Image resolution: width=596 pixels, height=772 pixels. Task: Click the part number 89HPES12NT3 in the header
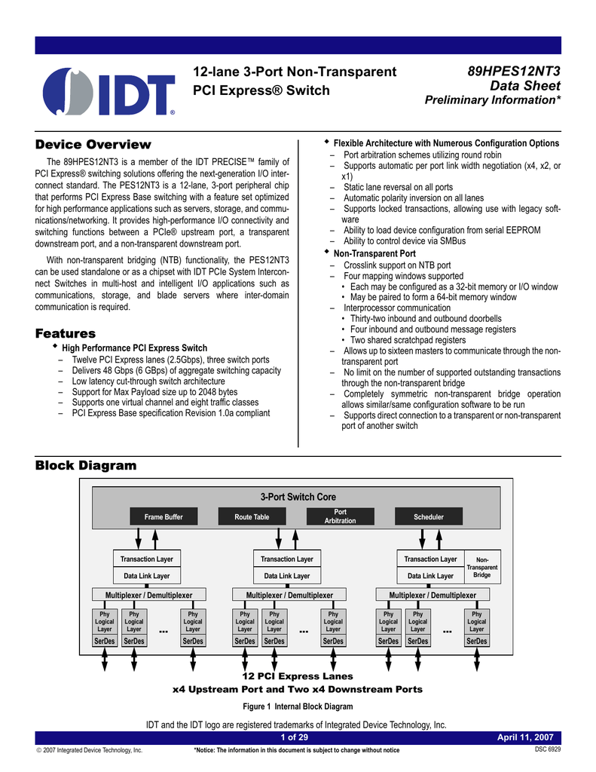(x=514, y=72)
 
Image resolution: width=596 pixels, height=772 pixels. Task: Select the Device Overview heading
(x=93, y=144)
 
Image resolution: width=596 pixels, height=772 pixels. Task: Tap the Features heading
(x=66, y=333)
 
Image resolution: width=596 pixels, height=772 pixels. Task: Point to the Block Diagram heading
(x=86, y=465)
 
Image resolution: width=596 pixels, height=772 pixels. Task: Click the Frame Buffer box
(x=164, y=516)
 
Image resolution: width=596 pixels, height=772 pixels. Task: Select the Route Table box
(x=252, y=516)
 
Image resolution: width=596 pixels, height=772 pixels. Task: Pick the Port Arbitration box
(x=340, y=516)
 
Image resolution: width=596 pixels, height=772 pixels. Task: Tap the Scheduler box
(x=429, y=516)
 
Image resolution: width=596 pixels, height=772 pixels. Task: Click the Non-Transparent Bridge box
(x=482, y=567)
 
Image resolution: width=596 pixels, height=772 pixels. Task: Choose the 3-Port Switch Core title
(x=298, y=497)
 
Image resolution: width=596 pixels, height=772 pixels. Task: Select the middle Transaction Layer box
(x=287, y=559)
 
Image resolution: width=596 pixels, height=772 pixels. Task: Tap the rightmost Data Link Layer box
(x=430, y=576)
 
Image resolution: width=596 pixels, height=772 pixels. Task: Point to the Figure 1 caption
(x=298, y=706)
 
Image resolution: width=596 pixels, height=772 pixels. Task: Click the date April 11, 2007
(x=526, y=737)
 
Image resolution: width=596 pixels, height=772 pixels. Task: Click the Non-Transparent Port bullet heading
(x=374, y=254)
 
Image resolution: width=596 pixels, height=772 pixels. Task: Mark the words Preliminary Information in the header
(x=493, y=101)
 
